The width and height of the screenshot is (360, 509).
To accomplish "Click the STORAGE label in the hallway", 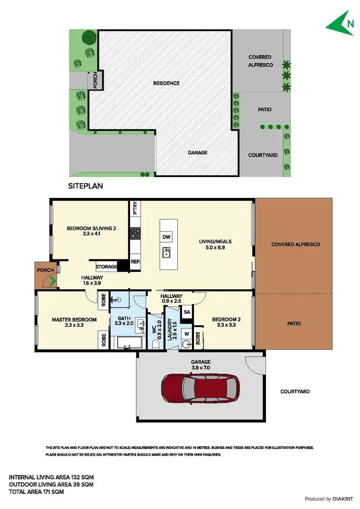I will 106,266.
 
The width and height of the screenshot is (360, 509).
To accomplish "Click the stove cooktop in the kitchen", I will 135,234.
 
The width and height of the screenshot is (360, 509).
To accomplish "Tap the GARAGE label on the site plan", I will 197,153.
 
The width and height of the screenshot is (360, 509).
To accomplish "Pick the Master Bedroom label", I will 74,320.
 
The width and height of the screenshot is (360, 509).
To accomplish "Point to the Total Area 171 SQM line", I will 36,492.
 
